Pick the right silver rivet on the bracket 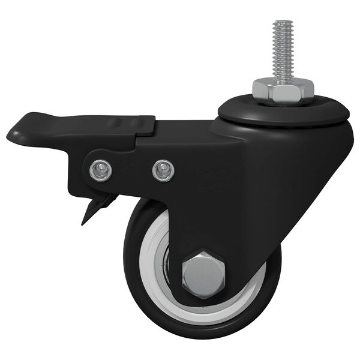[x=161, y=170]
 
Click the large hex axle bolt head [x=203, y=273]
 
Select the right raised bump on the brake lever [x=142, y=124]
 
